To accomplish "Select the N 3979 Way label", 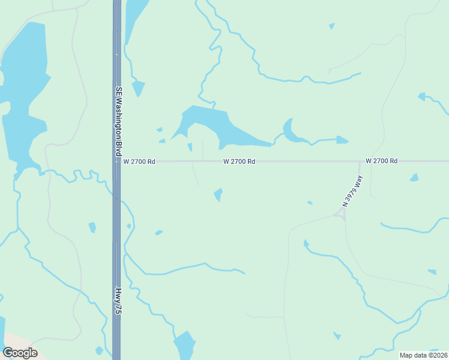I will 353,191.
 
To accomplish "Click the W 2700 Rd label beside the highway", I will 139,161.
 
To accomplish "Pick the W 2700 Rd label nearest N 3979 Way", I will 382,161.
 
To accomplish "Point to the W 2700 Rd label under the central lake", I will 240,161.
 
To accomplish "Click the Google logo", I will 20,352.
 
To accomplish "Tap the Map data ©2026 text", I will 423,355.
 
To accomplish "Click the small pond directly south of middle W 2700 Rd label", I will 218,194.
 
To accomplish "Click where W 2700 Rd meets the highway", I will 116,161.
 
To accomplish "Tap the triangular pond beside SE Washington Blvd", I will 138,88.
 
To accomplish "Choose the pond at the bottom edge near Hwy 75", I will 185,345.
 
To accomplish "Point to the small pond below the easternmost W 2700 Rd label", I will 414,178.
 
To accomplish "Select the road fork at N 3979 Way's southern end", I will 341,214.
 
